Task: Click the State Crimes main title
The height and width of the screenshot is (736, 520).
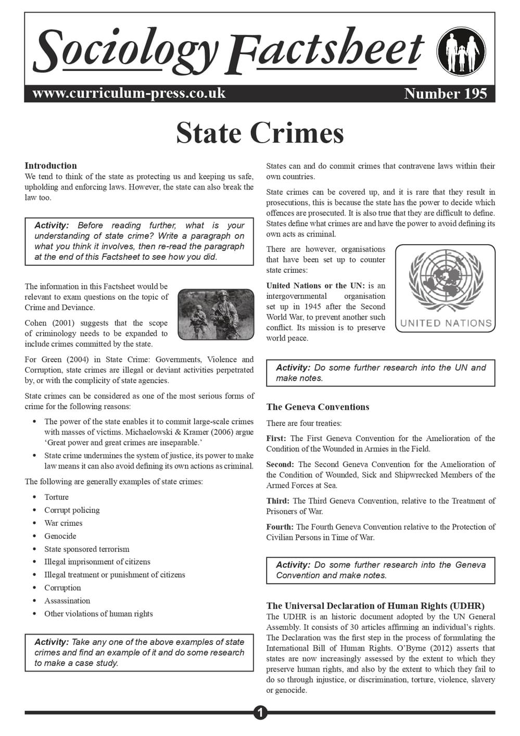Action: [260, 133]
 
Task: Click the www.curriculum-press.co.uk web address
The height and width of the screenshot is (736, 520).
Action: [129, 93]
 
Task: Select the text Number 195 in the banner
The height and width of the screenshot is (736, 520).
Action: [446, 94]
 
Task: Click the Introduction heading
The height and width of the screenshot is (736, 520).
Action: [50, 166]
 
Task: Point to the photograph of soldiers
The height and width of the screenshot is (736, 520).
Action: [215, 315]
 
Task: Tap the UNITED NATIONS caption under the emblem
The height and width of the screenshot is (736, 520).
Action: [446, 323]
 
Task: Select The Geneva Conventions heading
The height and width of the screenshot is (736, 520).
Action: [318, 407]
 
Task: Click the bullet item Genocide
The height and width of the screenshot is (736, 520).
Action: [60, 536]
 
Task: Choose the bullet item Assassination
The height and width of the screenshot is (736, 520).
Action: [67, 601]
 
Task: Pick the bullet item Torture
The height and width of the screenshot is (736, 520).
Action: [56, 497]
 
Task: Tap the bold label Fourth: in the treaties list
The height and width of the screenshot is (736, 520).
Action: [280, 527]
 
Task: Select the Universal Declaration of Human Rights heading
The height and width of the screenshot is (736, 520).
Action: [375, 606]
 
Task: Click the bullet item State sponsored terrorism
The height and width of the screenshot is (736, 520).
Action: [87, 549]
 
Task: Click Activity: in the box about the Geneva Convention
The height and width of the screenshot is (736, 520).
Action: [293, 565]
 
